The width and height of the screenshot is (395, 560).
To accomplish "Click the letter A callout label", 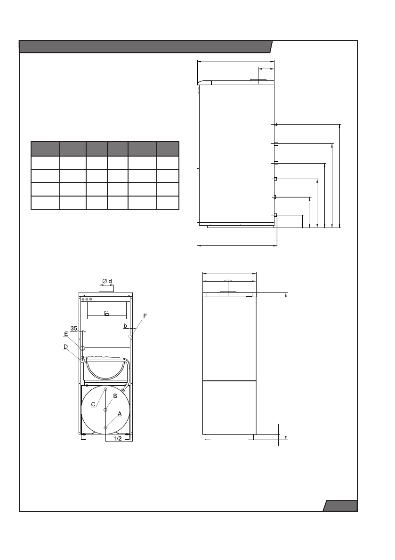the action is point(120,413).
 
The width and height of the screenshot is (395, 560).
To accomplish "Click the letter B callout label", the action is point(115,395).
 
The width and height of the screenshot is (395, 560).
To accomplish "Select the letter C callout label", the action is point(93,404).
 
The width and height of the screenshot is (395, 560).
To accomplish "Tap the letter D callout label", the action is point(65,347).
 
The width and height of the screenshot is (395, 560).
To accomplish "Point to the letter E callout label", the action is point(66,333).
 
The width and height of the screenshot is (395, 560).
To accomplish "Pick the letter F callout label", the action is point(145,317).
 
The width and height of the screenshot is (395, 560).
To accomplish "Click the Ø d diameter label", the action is point(107,281).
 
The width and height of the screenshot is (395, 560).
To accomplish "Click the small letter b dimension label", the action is point(125,325).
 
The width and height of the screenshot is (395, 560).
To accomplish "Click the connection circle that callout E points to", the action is point(82,348).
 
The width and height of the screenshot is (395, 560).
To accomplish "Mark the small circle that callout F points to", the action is point(130,336).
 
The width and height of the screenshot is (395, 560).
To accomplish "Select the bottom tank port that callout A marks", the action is point(105,427).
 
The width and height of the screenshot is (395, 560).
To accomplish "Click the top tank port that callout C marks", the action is point(105,389).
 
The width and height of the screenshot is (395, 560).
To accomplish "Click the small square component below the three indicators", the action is point(107,312).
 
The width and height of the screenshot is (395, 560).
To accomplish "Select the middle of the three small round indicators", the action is point(87,299).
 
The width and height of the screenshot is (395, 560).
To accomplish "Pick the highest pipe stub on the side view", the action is point(275,124).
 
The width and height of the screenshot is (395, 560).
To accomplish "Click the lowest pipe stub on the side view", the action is point(275,215).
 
